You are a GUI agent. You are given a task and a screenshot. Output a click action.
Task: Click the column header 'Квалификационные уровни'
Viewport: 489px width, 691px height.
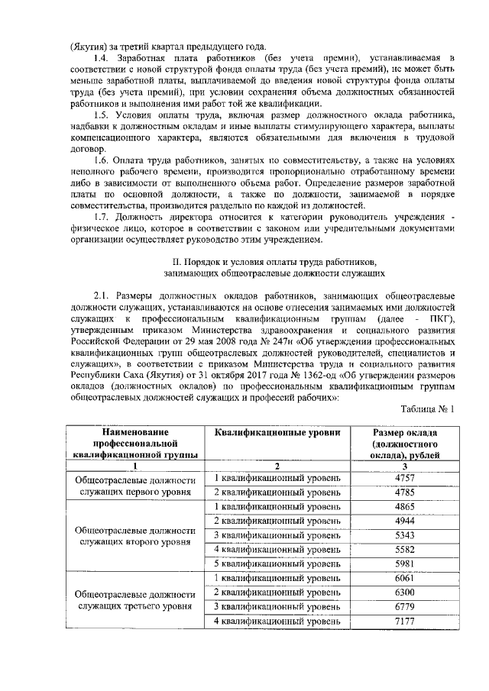point(277,432)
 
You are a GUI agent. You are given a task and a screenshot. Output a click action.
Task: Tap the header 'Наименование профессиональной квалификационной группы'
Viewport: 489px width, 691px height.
point(135,443)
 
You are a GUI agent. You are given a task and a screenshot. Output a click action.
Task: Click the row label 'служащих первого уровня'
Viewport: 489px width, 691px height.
point(135,492)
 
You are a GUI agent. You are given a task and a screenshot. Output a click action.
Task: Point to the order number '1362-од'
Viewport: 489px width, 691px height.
point(298,375)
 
